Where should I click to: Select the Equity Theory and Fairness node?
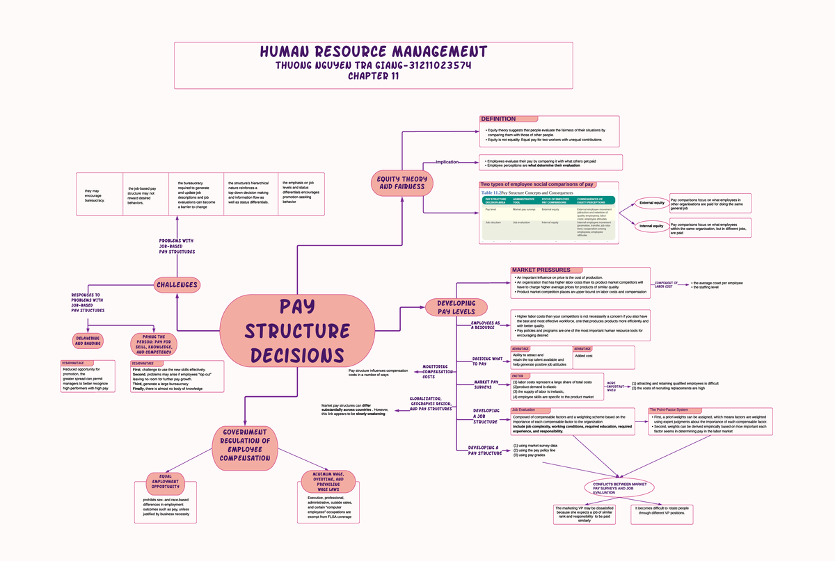point(401,184)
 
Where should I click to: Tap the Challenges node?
point(177,284)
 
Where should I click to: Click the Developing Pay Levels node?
point(456,307)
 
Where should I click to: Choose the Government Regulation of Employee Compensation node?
point(245,445)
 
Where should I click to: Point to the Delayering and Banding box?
point(88,341)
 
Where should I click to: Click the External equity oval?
point(651,204)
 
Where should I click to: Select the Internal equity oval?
point(651,226)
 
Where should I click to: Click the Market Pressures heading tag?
point(541,270)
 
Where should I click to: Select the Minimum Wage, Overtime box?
point(328,482)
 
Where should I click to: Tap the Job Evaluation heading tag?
point(523,410)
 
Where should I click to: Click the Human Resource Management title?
point(374,52)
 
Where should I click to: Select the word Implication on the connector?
point(447,162)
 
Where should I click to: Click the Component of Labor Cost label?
point(666,284)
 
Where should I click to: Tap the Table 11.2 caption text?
point(536,193)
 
